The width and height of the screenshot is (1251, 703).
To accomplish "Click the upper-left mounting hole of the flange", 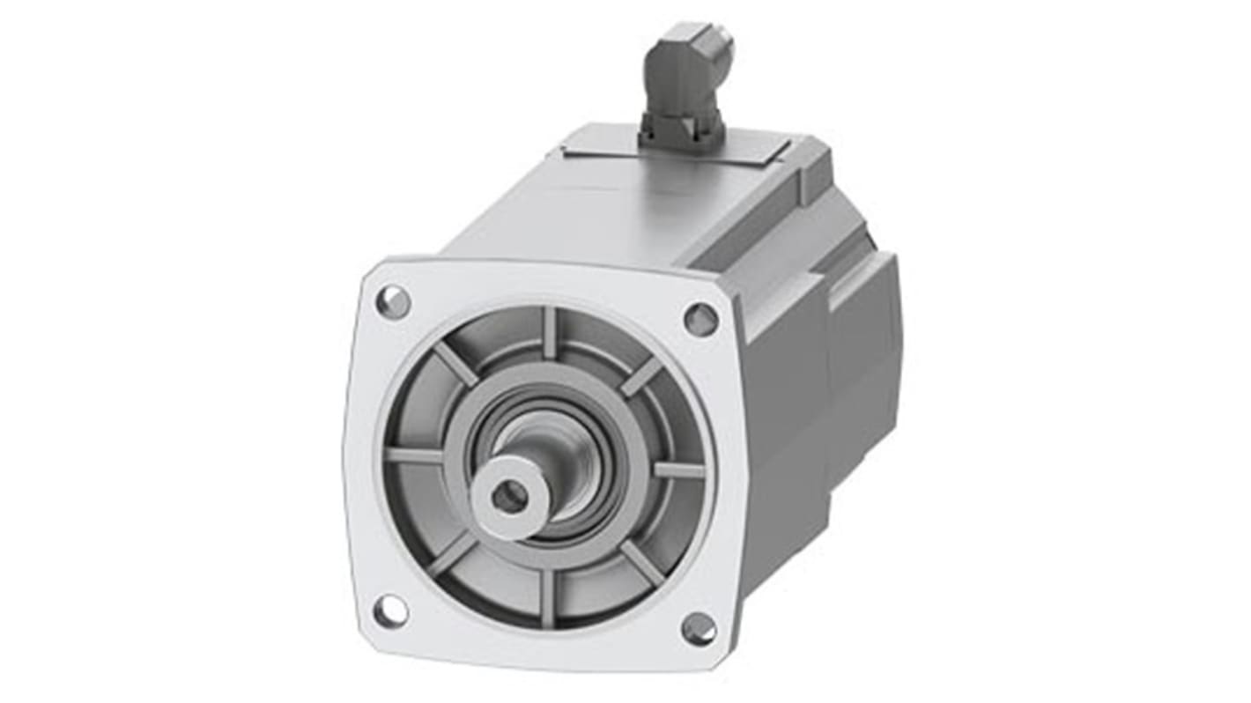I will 393,302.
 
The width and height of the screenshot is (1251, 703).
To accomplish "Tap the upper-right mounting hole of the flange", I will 700,319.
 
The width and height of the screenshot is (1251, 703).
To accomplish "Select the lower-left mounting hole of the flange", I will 390,610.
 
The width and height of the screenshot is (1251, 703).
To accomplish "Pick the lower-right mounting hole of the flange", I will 699,628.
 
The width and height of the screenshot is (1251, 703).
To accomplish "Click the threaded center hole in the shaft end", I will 509,498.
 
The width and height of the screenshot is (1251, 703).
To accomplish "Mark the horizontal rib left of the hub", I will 414,455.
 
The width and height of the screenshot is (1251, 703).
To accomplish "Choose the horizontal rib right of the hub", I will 679,470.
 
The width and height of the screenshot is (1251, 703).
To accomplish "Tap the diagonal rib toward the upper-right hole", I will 640,376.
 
